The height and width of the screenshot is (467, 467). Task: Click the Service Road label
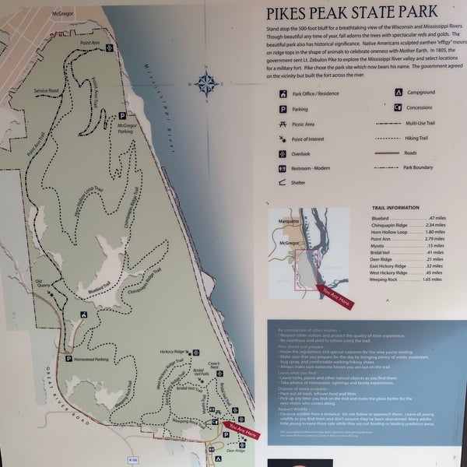click(47, 91)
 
